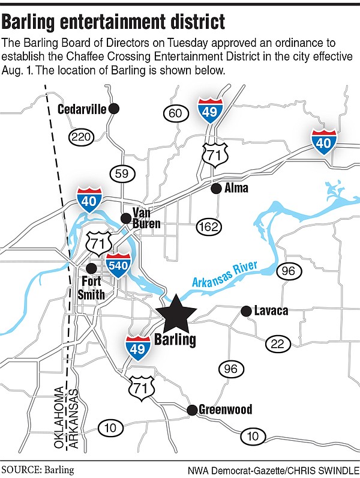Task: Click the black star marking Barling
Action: click(175, 314)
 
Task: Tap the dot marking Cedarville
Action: click(115, 109)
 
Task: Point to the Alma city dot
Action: click(216, 189)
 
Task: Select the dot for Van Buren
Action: click(126, 218)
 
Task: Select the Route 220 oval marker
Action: click(82, 136)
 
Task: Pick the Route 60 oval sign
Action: click(176, 113)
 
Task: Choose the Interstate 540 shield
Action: click(118, 267)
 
